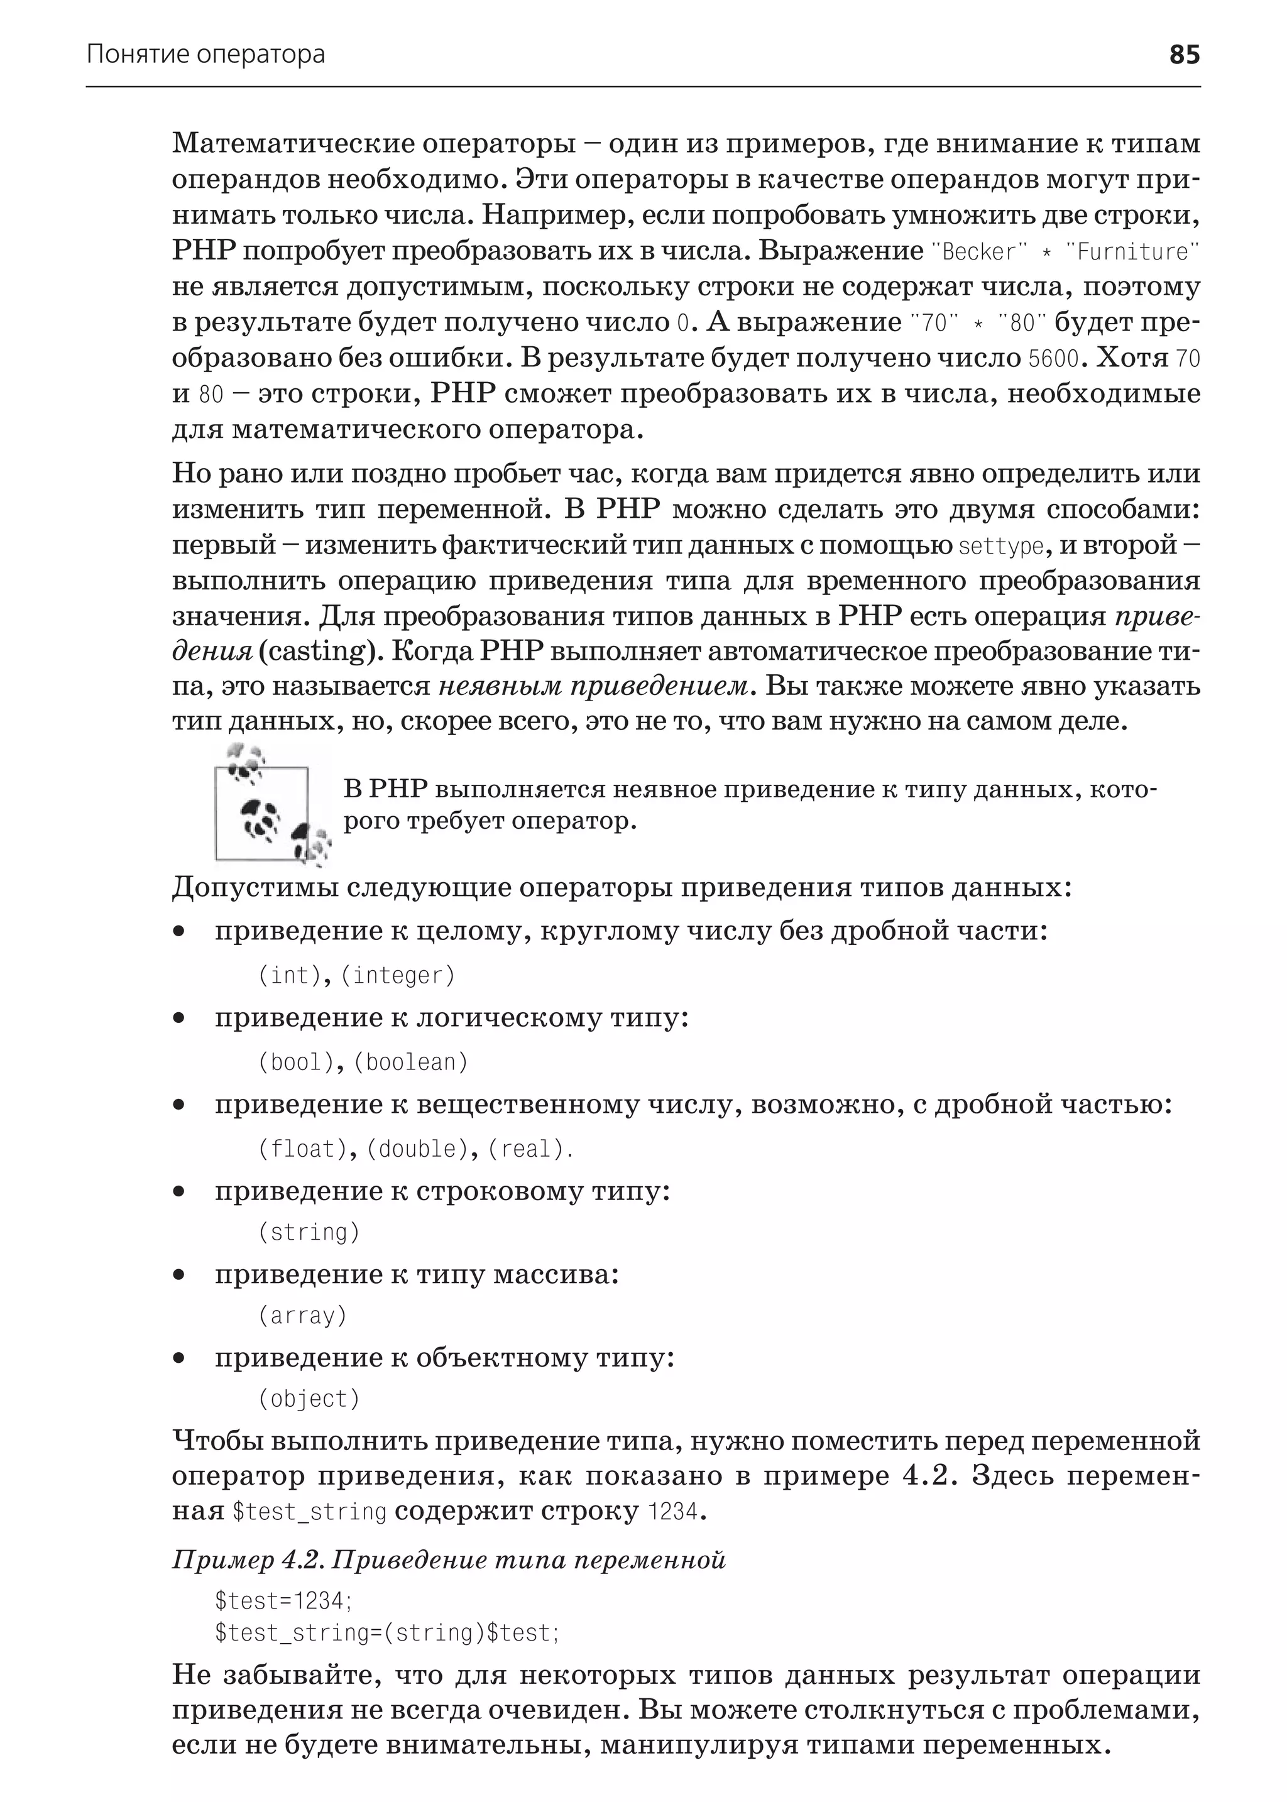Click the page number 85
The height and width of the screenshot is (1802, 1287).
pyautogui.click(x=1184, y=55)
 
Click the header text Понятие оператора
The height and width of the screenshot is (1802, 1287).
pyautogui.click(x=205, y=55)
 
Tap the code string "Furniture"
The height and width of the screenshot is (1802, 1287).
pyautogui.click(x=1133, y=252)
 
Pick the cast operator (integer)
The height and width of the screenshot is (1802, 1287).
pyautogui.click(x=398, y=976)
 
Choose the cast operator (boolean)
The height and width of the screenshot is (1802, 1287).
pyautogui.click(x=410, y=1062)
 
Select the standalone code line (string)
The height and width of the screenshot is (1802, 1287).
pyautogui.click(x=309, y=1232)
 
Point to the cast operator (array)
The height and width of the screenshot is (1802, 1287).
pyautogui.click(x=303, y=1316)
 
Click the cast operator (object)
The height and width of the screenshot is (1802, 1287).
pyautogui.click(x=309, y=1399)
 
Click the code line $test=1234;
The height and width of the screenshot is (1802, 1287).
pyautogui.click(x=283, y=1601)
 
